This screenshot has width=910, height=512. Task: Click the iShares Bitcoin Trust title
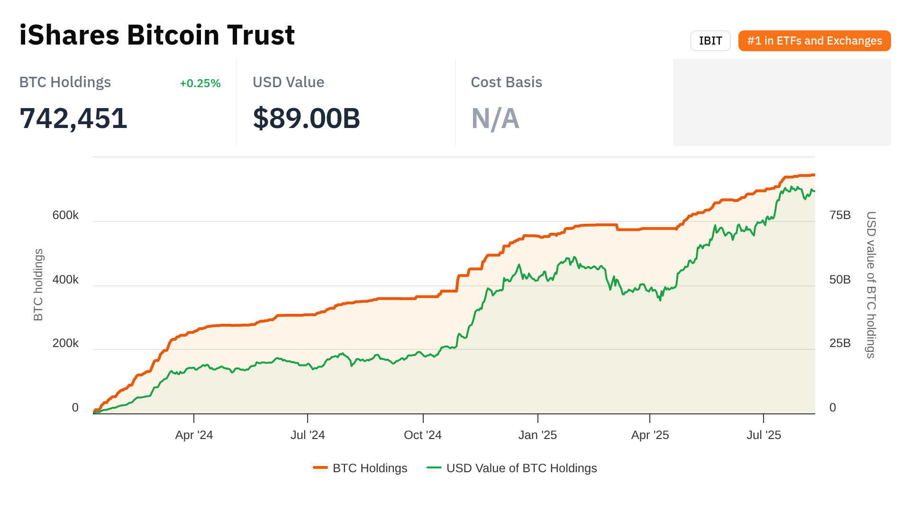pos(157,35)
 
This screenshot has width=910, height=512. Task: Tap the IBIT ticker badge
pos(710,41)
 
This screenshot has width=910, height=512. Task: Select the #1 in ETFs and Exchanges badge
pos(814,41)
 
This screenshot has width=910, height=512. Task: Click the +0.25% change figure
pos(200,83)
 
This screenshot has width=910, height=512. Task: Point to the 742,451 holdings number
pos(73,118)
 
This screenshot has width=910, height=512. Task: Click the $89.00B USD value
pos(306,118)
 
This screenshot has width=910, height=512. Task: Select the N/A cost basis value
pos(495,119)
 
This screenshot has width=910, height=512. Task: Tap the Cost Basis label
pos(506,82)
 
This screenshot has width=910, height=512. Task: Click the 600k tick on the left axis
pos(65,215)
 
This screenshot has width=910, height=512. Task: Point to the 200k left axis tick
pos(65,343)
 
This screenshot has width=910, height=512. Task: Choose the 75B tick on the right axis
pos(840,215)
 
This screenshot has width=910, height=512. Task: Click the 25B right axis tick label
pos(840,343)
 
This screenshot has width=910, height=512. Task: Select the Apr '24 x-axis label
pos(194,435)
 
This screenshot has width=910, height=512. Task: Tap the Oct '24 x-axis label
pos(422,435)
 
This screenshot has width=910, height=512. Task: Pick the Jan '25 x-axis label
pos(537,435)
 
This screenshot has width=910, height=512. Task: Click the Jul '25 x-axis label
pos(764,435)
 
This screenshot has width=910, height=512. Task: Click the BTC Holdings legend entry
pos(360,468)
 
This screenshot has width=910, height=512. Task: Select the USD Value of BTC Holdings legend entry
pos(512,468)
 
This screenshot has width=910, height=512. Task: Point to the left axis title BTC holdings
pos(38,284)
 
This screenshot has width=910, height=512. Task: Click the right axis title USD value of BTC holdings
pos(871,284)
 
